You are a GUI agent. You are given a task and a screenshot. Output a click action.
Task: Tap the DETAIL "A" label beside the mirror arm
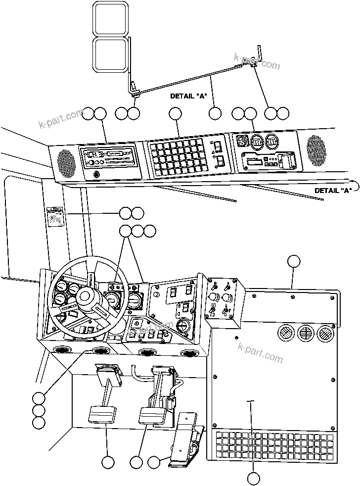pyautogui.click(x=188, y=96)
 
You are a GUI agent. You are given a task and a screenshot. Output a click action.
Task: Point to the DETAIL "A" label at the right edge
pyautogui.click(x=333, y=190)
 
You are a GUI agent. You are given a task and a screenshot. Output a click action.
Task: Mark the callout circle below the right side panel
pyautogui.click(x=253, y=479)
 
